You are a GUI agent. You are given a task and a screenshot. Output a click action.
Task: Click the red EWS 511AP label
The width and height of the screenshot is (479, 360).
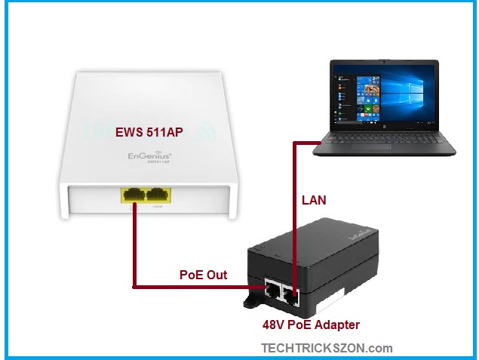tap(149, 133)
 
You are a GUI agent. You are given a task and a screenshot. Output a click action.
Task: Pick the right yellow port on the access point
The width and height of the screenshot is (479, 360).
tap(158, 193)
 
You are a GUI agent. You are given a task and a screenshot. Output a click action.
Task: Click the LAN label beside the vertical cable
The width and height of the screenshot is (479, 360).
tap(314, 202)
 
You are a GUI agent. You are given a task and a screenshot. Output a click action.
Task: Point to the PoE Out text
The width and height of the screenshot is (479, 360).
tap(203, 274)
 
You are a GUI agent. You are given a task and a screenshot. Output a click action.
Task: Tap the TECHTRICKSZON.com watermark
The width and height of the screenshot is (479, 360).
tap(327, 348)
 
